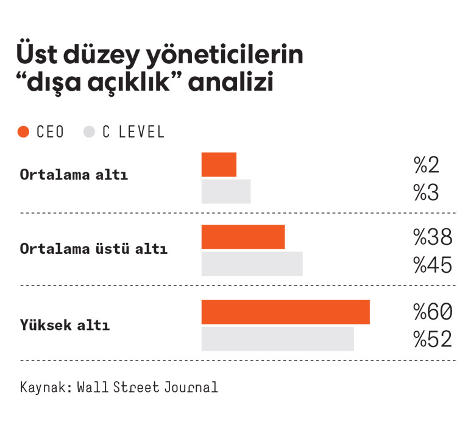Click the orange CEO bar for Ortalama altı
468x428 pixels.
[219, 164]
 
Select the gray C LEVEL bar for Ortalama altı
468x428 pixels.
[226, 191]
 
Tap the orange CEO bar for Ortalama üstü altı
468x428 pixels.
[243, 237]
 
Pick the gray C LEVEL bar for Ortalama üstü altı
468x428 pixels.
[252, 264]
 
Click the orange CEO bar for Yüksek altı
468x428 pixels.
[286, 312]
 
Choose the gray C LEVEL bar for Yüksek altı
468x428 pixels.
[278, 339]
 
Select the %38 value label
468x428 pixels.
[433, 237]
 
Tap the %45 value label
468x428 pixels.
[433, 265]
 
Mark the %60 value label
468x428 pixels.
[433, 312]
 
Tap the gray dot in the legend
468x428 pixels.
[90, 132]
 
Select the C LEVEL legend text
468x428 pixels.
[133, 132]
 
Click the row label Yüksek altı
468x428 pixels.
[65, 325]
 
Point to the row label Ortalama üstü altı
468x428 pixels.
[93, 249]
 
